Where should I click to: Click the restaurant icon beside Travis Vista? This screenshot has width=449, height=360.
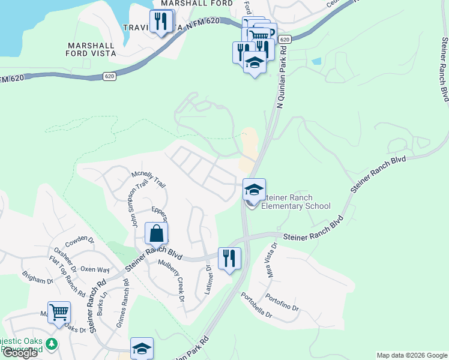[160, 22]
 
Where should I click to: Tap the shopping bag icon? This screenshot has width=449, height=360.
[156, 233]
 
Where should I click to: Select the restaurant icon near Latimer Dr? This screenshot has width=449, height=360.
[229, 259]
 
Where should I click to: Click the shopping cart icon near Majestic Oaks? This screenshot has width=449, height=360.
[59, 312]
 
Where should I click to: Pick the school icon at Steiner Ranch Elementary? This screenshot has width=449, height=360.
[254, 190]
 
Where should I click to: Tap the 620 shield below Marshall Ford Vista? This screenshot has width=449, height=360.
[109, 76]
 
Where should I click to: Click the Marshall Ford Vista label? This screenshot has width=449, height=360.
[91, 49]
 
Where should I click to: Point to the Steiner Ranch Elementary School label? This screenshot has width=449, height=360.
[297, 202]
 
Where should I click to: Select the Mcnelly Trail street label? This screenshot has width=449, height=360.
[148, 179]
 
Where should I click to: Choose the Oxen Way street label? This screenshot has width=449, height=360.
[95, 270]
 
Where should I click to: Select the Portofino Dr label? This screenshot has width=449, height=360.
[283, 302]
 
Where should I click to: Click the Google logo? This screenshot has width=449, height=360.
[20, 353]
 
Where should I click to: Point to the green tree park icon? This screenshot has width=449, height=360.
[53, 344]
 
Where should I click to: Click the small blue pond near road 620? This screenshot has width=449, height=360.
[316, 61]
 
